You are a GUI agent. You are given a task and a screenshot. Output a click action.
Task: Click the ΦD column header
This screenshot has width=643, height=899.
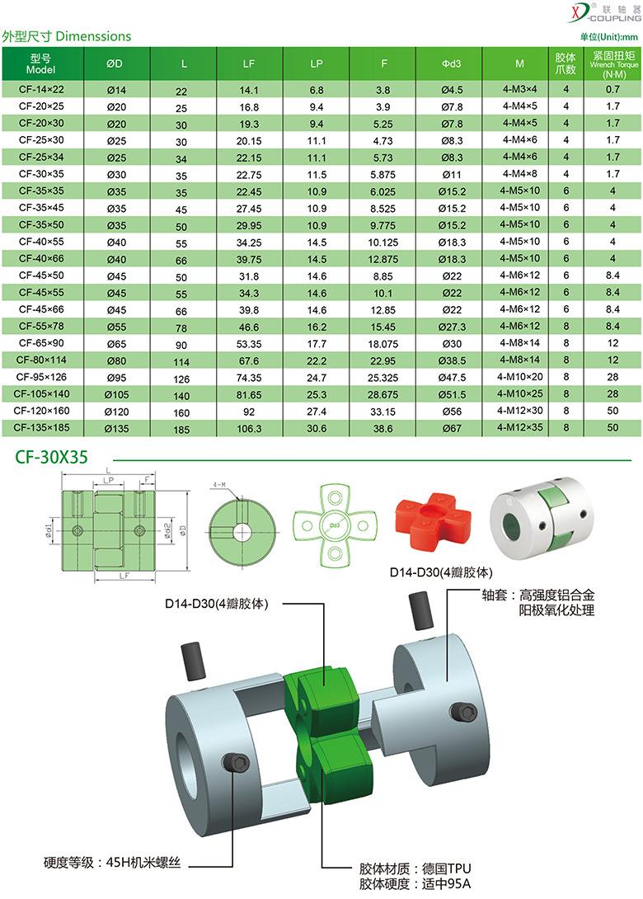(115, 64)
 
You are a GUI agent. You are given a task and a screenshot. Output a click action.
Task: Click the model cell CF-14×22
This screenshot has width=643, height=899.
(41, 89)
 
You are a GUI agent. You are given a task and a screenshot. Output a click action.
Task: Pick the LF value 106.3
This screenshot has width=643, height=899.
(249, 428)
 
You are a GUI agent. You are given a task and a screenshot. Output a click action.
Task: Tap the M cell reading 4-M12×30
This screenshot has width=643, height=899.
(520, 411)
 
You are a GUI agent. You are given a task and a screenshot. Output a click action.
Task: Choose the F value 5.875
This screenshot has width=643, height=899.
(383, 175)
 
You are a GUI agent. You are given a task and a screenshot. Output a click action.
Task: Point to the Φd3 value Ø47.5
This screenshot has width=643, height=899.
(453, 377)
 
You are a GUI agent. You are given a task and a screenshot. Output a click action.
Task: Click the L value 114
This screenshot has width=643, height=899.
(181, 362)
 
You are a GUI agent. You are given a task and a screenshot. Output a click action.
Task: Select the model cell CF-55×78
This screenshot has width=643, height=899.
(41, 327)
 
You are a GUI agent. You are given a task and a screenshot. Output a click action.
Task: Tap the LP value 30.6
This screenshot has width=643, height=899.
(317, 428)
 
